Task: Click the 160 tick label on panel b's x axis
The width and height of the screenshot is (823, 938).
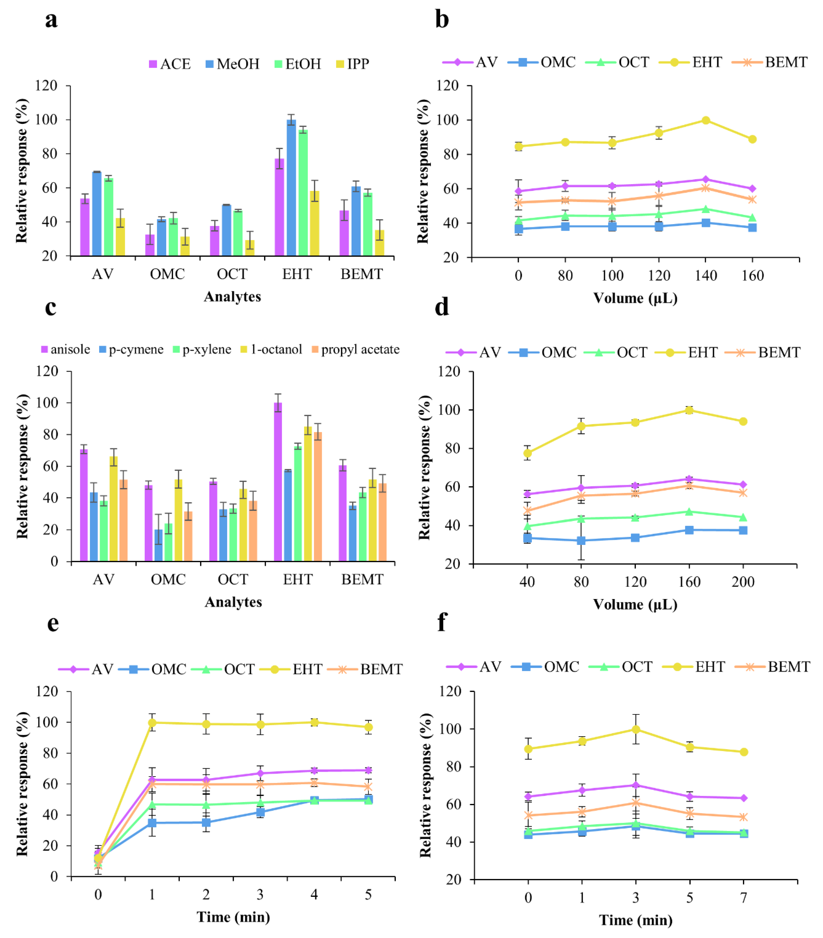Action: click(x=752, y=276)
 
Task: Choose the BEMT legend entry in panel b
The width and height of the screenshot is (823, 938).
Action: click(x=770, y=62)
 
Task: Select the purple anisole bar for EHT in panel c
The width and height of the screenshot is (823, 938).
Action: click(x=278, y=482)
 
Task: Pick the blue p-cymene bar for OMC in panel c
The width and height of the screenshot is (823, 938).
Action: click(x=158, y=545)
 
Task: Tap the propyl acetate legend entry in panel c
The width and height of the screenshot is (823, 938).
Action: click(x=355, y=350)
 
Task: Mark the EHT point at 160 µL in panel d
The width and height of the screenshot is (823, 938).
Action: click(x=689, y=410)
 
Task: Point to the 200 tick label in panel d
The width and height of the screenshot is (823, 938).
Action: click(x=743, y=582)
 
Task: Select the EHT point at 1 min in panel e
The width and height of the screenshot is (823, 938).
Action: click(x=152, y=723)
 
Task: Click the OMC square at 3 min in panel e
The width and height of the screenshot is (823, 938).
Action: click(x=260, y=812)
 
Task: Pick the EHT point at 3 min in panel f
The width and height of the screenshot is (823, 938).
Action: click(x=636, y=729)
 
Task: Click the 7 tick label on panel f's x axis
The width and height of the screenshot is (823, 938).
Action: click(x=744, y=898)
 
